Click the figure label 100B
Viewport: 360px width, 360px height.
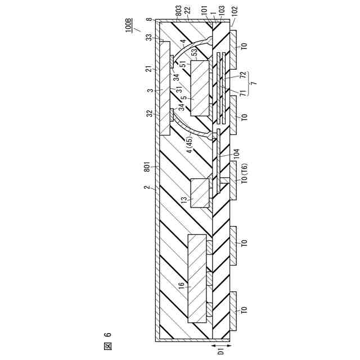[129, 25]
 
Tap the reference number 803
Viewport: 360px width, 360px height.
[178, 11]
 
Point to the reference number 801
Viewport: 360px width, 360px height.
[147, 166]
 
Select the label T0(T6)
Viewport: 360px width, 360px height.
[245, 173]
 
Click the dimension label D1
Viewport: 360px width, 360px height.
[220, 351]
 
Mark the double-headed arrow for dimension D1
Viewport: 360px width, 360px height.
[220, 345]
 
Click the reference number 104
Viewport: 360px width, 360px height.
[236, 154]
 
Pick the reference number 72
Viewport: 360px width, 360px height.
[244, 75]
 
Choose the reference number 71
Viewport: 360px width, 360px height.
[244, 93]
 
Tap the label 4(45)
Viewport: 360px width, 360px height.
[190, 145]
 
